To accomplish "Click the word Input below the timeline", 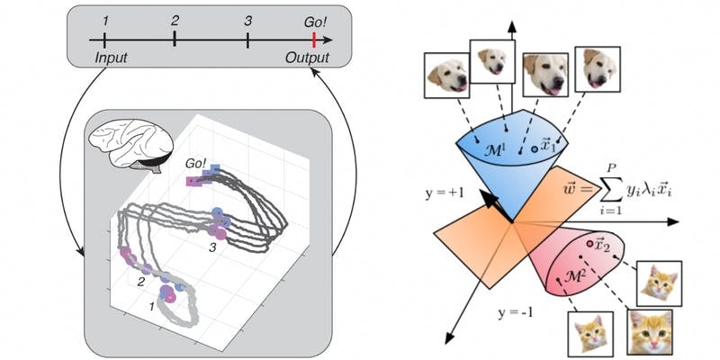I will point(112,58).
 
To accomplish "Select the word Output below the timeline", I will point(307,58).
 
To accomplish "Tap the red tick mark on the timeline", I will point(313,40).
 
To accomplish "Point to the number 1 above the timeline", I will point(105,20).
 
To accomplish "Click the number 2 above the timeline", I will point(175,19).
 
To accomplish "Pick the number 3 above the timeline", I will point(247,19).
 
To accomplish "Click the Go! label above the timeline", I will point(314,19).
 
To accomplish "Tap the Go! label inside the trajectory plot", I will point(195,164).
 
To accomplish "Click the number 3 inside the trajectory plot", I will point(213,245).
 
